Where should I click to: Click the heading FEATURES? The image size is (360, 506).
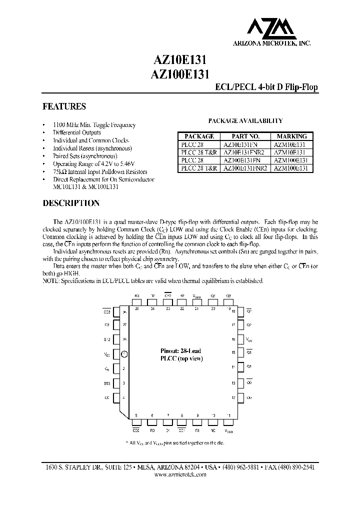(63, 106)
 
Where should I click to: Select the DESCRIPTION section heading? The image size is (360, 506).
(70, 203)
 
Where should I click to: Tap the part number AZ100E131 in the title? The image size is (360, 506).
(179, 73)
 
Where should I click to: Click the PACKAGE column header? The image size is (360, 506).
(199, 136)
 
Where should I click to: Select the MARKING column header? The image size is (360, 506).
(292, 136)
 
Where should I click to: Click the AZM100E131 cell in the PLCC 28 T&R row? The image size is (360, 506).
(292, 168)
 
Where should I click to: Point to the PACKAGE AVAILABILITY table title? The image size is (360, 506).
(245, 120)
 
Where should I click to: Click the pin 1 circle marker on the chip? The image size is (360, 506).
(125, 354)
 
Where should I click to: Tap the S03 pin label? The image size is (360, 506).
(107, 383)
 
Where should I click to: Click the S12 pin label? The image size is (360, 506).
(107, 339)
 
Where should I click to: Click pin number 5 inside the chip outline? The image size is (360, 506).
(136, 415)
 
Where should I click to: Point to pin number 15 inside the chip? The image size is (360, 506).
(233, 352)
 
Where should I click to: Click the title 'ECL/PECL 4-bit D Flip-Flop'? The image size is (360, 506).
(266, 87)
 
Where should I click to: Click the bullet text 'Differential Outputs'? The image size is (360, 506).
(77, 133)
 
